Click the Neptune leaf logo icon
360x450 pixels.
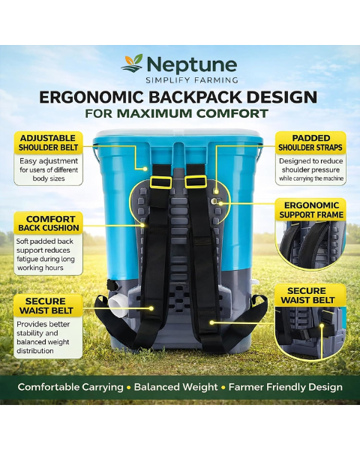pyautogui.click(x=132, y=63)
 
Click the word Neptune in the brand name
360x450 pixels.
pyautogui.click(x=192, y=64)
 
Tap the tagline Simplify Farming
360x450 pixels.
pyautogui.click(x=192, y=80)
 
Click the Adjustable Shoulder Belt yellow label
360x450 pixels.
pyautogui.click(x=48, y=142)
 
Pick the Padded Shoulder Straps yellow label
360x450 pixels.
pyautogui.click(x=310, y=142)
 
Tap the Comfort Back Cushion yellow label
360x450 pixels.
pyautogui.click(x=48, y=223)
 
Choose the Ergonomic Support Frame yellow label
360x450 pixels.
pyautogui.click(x=310, y=210)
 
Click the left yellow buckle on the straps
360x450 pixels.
pyautogui.click(x=160, y=181)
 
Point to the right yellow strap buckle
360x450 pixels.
pyautogui.click(x=196, y=181)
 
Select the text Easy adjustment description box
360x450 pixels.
pyautogui.click(x=49, y=169)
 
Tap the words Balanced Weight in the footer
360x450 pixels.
pyautogui.click(x=175, y=387)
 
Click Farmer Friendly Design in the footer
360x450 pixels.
pyautogui.click(x=285, y=387)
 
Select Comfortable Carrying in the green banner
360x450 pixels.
pyautogui.click(x=70, y=387)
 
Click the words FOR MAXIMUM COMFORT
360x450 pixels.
pyautogui.click(x=176, y=113)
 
